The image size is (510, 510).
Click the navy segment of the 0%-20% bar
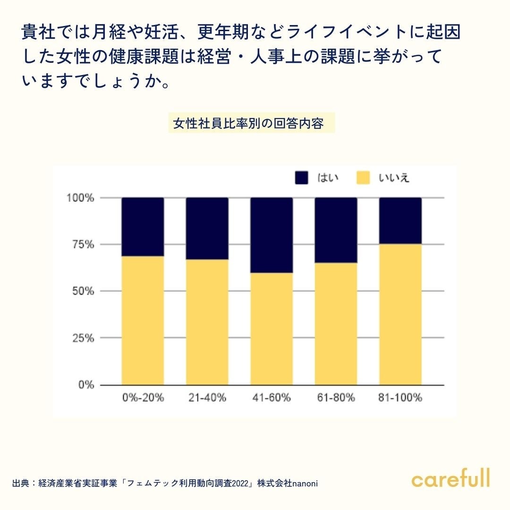(x=143, y=227)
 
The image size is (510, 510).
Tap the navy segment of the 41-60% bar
(x=272, y=235)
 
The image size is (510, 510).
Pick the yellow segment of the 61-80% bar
(x=336, y=324)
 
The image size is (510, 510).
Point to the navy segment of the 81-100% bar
(x=400, y=221)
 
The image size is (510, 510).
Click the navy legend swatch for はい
(x=302, y=178)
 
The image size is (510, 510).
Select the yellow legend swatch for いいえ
(x=363, y=178)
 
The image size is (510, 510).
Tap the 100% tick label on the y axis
(x=81, y=197)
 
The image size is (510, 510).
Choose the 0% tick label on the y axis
(x=86, y=385)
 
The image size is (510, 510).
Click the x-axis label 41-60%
(x=272, y=398)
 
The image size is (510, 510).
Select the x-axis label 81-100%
(x=400, y=398)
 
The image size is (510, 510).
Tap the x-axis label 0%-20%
(x=143, y=398)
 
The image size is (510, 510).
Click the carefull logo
(x=450, y=478)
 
